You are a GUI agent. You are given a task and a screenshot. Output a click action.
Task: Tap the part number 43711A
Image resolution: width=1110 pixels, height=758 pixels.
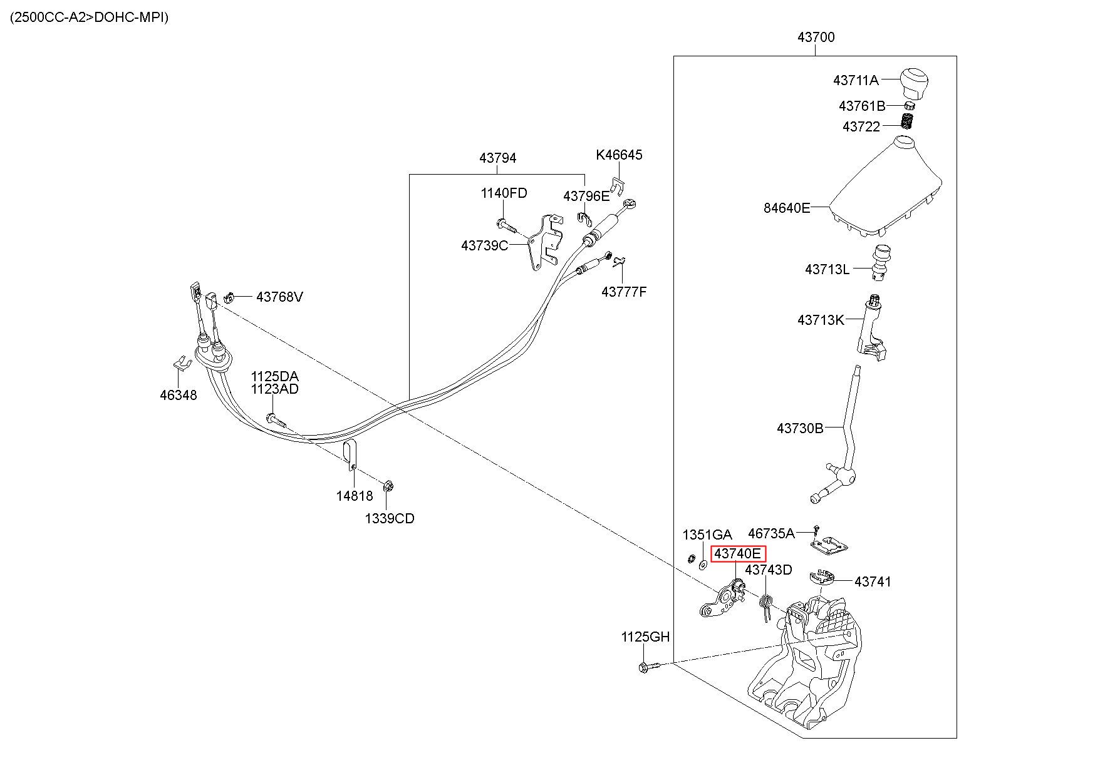[856, 80]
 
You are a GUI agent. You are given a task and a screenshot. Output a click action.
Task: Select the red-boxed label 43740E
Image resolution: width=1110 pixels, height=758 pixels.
[738, 553]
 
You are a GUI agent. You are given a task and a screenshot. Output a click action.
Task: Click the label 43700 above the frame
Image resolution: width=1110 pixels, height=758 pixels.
[816, 37]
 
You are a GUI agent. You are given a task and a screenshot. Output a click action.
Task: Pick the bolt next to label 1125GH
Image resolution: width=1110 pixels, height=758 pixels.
[650, 667]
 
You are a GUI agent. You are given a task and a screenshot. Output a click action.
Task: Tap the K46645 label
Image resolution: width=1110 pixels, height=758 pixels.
[619, 155]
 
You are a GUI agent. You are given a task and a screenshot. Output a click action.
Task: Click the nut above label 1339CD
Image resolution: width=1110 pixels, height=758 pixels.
[388, 486]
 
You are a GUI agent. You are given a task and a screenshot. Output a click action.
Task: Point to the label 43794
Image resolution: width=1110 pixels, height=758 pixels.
[498, 158]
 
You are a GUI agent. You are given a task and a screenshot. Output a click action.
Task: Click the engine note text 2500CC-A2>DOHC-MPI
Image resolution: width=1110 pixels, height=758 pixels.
[90, 17]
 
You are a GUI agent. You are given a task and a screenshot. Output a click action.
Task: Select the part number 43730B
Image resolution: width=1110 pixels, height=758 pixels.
[800, 428]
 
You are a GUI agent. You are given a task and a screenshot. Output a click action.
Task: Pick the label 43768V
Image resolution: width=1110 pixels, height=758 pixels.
[279, 297]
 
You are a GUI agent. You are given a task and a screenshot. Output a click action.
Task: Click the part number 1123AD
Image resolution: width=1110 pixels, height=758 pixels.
[275, 389]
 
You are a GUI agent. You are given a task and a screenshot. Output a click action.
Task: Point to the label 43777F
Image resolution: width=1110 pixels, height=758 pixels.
[624, 292]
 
